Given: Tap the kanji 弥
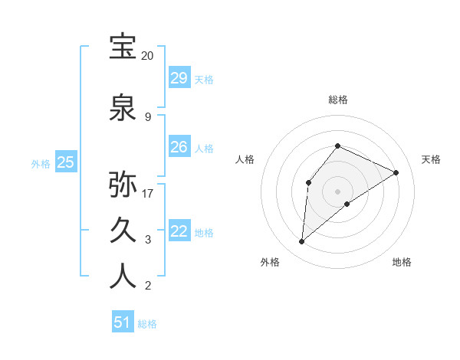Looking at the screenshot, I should pyautogui.click(x=123, y=184).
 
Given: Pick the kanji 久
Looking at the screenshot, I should pyautogui.click(x=123, y=229).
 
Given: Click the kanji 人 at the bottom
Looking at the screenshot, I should pyautogui.click(x=123, y=276).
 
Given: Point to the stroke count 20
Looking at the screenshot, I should pyautogui.click(x=147, y=56).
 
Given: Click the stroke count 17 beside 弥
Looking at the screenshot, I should pyautogui.click(x=148, y=193).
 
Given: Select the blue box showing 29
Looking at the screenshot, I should pyautogui.click(x=179, y=78).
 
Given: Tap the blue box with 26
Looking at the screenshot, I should pyautogui.click(x=179, y=147).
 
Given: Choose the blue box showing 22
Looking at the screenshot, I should pyautogui.click(x=179, y=231).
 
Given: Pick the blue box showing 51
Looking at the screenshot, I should pyautogui.click(x=123, y=322).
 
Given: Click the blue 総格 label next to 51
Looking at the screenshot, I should pyautogui.click(x=147, y=324).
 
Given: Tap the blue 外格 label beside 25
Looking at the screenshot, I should pyautogui.click(x=41, y=163).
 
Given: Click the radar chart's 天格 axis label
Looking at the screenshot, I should pyautogui.click(x=431, y=159).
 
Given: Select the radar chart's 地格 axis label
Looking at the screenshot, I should pyautogui.click(x=402, y=262).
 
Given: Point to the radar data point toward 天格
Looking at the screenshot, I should pyautogui.click(x=396, y=172).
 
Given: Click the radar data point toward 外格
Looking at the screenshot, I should pyautogui.click(x=302, y=242).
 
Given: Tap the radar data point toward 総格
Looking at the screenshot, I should pyautogui.click(x=337, y=146).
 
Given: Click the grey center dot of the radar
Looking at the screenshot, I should pyautogui.click(x=337, y=191).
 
